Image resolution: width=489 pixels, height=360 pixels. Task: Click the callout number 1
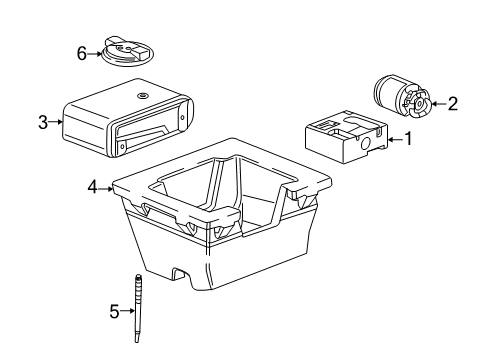click(x=408, y=139)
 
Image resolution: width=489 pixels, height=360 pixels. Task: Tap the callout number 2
click(x=453, y=102)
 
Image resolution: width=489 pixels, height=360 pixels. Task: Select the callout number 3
click(x=43, y=123)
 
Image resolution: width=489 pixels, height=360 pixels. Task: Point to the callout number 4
click(x=93, y=185)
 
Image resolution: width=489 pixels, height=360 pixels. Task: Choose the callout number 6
click(x=82, y=54)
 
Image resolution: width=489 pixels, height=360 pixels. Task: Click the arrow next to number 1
click(x=393, y=139)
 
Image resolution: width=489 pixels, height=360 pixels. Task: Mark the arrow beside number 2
click(x=437, y=102)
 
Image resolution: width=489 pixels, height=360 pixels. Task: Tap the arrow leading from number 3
click(x=57, y=123)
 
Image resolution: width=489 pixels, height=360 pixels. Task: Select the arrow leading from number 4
click(x=107, y=185)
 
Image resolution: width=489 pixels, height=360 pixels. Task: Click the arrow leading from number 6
click(x=96, y=54)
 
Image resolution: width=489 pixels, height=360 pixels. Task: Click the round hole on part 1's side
click(x=363, y=144)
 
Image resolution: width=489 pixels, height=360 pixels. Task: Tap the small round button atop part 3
click(x=141, y=95)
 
